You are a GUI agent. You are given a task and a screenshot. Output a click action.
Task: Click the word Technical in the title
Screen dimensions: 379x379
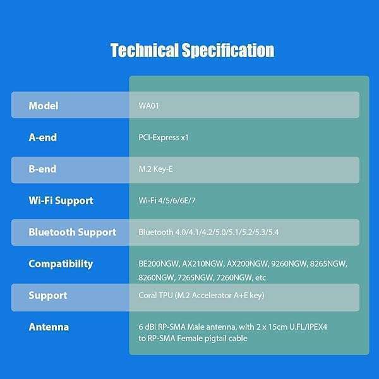click(144, 51)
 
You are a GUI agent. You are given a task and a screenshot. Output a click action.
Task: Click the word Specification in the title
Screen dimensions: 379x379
click(228, 51)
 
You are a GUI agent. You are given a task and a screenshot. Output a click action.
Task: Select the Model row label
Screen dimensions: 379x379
click(44, 105)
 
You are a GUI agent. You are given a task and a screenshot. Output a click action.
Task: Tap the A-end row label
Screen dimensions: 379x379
click(42, 137)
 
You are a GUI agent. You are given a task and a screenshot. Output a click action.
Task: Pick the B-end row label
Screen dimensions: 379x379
click(42, 169)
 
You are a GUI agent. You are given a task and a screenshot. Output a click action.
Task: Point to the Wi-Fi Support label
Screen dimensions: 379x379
click(61, 200)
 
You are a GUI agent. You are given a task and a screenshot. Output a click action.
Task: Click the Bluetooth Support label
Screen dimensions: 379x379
click(72, 232)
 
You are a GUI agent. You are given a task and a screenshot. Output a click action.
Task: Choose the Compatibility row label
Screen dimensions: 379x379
click(61, 263)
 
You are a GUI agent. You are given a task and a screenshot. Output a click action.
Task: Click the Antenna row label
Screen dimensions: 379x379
click(49, 327)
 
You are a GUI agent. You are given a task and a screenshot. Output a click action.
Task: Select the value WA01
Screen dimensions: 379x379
click(148, 105)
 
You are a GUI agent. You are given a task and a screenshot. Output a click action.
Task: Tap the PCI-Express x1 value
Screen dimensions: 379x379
click(164, 137)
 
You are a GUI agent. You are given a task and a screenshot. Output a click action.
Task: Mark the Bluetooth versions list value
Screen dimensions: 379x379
click(208, 232)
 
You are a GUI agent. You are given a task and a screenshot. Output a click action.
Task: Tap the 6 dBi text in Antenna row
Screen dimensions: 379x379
click(148, 327)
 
